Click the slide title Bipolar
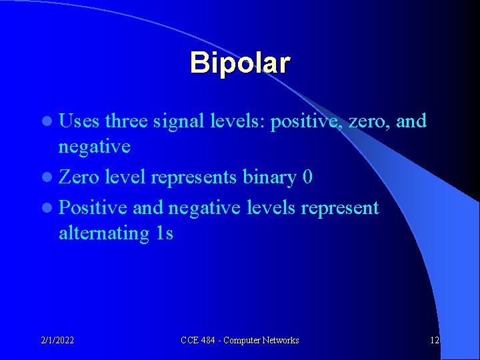click(x=240, y=63)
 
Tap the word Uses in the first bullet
click(x=79, y=121)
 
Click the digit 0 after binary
click(x=308, y=177)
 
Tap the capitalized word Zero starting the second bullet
click(x=80, y=177)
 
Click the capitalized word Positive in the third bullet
click(x=93, y=208)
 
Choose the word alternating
click(x=101, y=233)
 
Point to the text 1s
click(x=162, y=233)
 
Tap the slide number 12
click(x=434, y=340)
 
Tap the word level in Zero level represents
click(x=127, y=177)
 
